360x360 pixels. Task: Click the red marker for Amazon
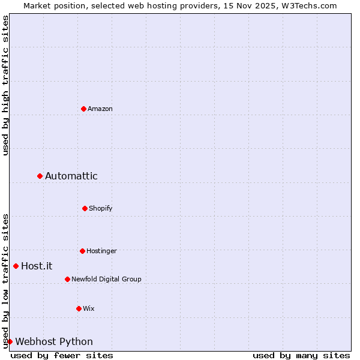(x=83, y=109)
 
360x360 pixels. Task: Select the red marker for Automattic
(x=40, y=176)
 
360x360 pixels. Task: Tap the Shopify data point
(x=85, y=208)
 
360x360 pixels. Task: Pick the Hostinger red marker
(x=82, y=251)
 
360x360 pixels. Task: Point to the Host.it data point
(x=16, y=266)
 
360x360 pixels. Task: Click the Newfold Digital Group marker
(x=67, y=279)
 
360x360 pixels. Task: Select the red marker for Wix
(x=79, y=308)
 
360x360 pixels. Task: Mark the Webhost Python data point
(x=10, y=341)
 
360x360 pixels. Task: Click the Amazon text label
(x=100, y=109)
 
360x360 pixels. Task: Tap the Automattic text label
(x=71, y=176)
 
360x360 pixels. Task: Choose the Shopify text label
(x=100, y=209)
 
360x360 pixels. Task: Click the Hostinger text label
(x=101, y=251)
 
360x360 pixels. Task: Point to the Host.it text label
(x=37, y=266)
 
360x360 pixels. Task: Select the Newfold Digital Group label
(x=106, y=279)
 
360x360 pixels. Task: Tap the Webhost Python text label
(x=54, y=342)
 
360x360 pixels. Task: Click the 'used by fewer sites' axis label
(x=62, y=355)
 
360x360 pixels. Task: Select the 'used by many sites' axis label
(x=301, y=355)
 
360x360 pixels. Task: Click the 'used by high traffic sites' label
(x=5, y=85)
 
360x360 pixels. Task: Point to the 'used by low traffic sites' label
(x=5, y=280)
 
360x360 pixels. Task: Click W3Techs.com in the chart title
(x=309, y=5)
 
